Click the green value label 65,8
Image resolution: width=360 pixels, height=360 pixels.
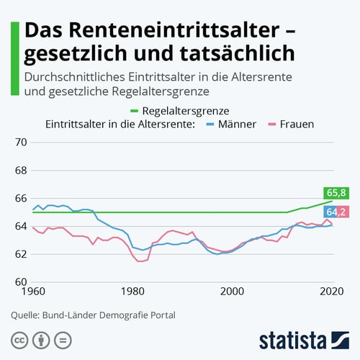pos(336,192)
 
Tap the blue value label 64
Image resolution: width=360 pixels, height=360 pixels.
pos(330,212)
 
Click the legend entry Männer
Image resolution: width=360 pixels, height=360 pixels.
pos(233,125)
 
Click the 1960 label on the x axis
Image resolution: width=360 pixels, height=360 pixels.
pos(32,292)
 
